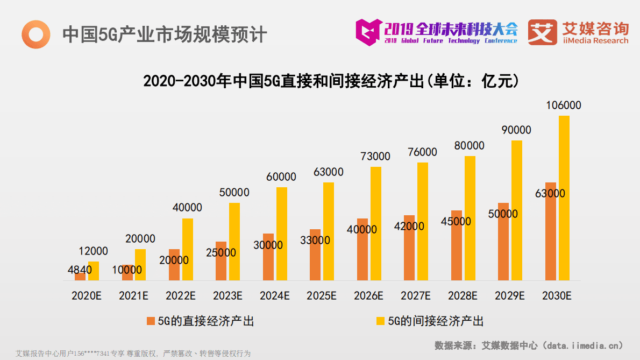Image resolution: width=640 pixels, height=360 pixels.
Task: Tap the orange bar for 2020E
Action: click(x=80, y=277)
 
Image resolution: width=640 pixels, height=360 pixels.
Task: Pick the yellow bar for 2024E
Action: click(x=281, y=234)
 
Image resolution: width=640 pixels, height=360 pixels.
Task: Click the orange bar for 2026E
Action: click(x=362, y=250)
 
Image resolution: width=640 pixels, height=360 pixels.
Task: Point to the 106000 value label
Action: click(x=563, y=105)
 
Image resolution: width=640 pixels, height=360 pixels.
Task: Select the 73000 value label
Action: click(x=375, y=157)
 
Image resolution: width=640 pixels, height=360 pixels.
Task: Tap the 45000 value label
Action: click(x=455, y=221)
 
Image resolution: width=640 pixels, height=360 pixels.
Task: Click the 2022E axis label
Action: click(x=181, y=295)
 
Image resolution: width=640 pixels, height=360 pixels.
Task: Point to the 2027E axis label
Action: click(x=416, y=295)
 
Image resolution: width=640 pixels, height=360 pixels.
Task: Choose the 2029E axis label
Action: click(x=509, y=295)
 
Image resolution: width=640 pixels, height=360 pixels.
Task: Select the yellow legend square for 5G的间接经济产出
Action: click(x=380, y=321)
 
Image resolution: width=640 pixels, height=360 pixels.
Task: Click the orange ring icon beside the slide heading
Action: click(x=35, y=34)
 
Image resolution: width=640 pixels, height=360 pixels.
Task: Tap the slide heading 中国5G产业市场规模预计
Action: click(x=165, y=34)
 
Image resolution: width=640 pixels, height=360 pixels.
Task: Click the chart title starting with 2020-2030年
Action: click(x=331, y=81)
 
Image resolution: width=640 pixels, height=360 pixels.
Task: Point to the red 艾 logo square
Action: click(x=542, y=32)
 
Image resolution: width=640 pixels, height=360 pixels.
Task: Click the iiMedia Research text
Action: click(x=594, y=41)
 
